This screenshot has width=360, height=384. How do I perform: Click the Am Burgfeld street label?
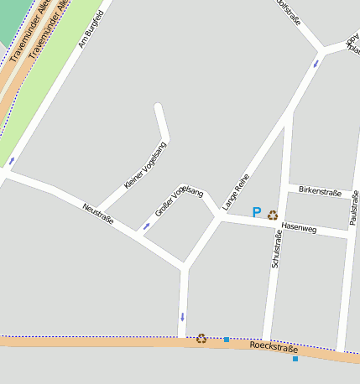(x=91, y=29)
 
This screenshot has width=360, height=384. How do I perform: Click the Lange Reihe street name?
(x=236, y=191)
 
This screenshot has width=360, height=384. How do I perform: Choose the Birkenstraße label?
(x=320, y=192)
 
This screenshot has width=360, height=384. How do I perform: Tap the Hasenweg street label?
(x=300, y=227)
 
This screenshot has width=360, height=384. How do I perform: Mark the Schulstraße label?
(x=276, y=249)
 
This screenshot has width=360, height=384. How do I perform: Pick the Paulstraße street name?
(x=354, y=208)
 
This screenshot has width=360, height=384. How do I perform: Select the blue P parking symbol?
(x=257, y=214)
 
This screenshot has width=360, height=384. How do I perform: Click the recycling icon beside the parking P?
(x=273, y=215)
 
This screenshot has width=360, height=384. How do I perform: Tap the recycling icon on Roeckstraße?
(x=201, y=339)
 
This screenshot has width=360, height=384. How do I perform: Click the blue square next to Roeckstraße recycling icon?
(x=227, y=340)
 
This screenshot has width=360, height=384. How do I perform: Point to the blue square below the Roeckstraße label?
(x=295, y=359)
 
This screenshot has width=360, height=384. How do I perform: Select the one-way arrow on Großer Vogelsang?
(x=147, y=226)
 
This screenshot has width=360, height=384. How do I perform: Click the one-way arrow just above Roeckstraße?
(x=182, y=317)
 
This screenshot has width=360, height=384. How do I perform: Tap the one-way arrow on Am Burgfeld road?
(x=12, y=160)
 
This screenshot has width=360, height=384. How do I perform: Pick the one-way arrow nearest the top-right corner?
(x=316, y=63)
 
